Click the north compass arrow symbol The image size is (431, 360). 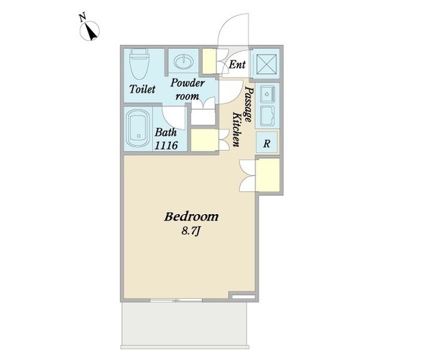pyautogui.click(x=90, y=32)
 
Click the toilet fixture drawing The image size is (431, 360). pyautogui.click(x=139, y=64)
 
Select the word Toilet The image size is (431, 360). pyautogui.click(x=142, y=89)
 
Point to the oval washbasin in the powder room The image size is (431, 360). pyautogui.click(x=182, y=61)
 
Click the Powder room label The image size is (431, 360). pyautogui.click(x=187, y=89)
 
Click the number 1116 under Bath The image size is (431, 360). pyautogui.click(x=166, y=145)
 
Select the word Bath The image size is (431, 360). pyautogui.click(x=165, y=132)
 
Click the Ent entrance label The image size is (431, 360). pyautogui.click(x=237, y=65)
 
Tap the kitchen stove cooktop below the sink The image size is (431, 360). pyautogui.click(x=267, y=116)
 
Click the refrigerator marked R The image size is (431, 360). pyautogui.click(x=267, y=142)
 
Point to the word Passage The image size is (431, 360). pyautogui.click(x=248, y=104)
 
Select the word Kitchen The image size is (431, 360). pyautogui.click(x=236, y=129)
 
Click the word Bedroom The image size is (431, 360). pyautogui.click(x=191, y=217)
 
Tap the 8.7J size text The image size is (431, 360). pyautogui.click(x=191, y=231)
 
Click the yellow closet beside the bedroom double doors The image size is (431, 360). pyautogui.click(x=268, y=175)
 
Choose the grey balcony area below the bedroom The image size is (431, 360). pyautogui.click(x=185, y=324)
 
